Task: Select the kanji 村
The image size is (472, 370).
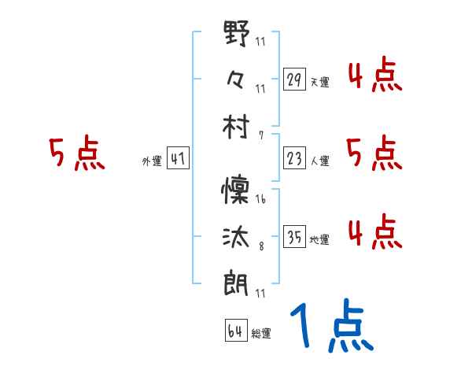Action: coord(236,127)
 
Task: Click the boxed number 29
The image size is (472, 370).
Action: coord(294,80)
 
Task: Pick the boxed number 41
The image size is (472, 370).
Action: coord(178,159)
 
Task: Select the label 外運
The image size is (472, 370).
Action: coord(152,161)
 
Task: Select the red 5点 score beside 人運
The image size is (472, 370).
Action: coord(374,154)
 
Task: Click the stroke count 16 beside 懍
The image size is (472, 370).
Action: coord(260,200)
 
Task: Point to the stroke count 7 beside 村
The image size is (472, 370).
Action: coord(260,135)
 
